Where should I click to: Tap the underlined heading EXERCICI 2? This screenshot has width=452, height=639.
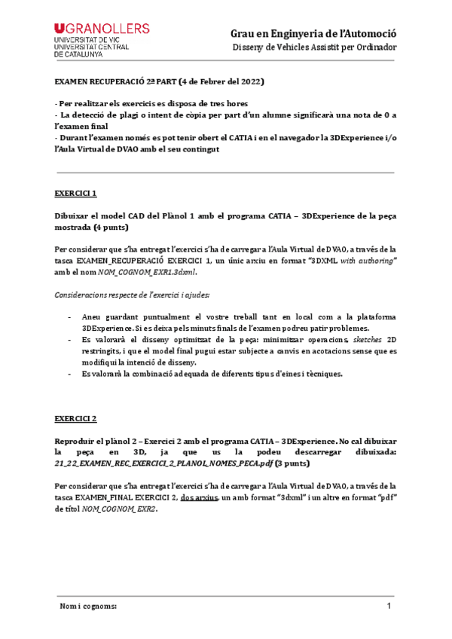(75, 417)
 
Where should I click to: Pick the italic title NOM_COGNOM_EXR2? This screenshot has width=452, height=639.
(121, 509)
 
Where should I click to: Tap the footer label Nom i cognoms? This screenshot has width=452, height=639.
(88, 607)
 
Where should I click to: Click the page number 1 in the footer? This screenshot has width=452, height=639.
(389, 607)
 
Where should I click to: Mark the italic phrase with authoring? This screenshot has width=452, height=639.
(367, 259)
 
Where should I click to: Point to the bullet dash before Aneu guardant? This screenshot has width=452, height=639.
(70, 317)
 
